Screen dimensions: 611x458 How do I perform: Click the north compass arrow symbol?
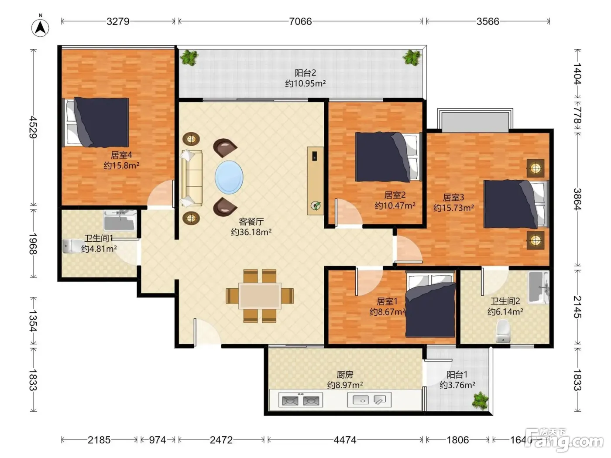pyautogui.click(x=40, y=27)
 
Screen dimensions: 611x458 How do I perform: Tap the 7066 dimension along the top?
pyautogui.click(x=300, y=21)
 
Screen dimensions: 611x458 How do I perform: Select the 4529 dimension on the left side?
pyautogui.click(x=33, y=127)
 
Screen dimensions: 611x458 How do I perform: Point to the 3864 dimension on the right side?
pyautogui.click(x=577, y=199)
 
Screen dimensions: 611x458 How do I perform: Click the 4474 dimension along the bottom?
pyautogui.click(x=345, y=440)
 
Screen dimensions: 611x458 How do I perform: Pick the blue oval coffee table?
pyautogui.click(x=229, y=177)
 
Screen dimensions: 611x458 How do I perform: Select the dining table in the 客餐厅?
pyautogui.click(x=260, y=296)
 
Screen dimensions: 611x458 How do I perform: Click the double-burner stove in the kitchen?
pyautogui.click(x=301, y=400)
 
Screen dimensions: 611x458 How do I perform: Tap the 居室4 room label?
pyautogui.click(x=121, y=154)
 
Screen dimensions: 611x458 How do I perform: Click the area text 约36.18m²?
pyautogui.click(x=251, y=232)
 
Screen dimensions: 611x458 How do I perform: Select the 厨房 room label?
pyautogui.click(x=345, y=375)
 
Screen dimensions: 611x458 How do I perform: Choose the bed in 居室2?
pyautogui.click(x=388, y=157)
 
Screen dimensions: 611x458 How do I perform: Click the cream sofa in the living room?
pyautogui.click(x=192, y=178)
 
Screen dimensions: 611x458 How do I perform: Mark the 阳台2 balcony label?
pyautogui.click(x=305, y=73)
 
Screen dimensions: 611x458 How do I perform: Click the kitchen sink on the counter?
pyautogui.click(x=369, y=400)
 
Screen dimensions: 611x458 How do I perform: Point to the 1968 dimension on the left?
pyautogui.click(x=33, y=243)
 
